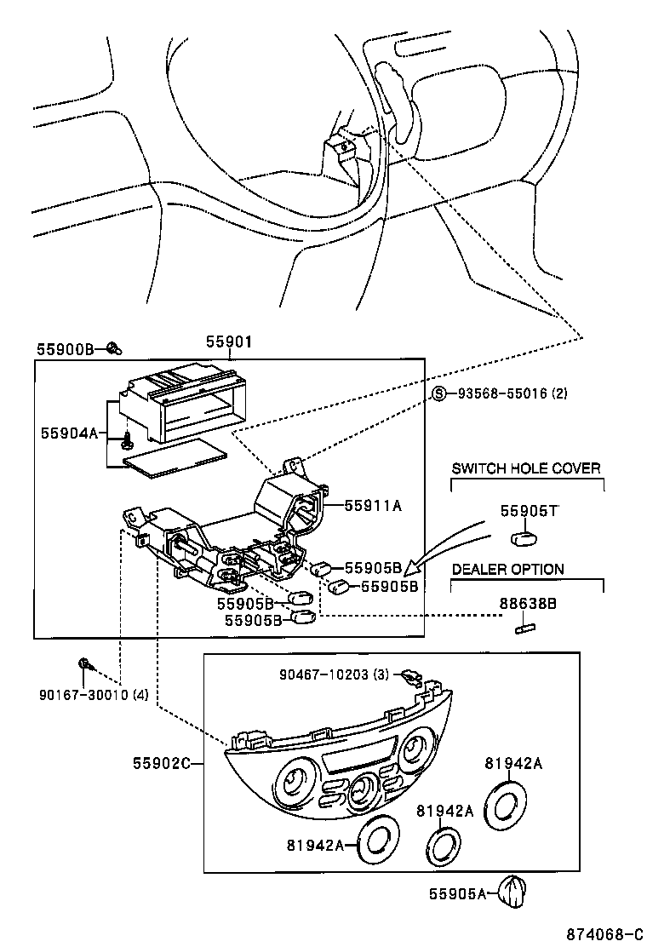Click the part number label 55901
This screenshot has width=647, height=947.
[x=229, y=341]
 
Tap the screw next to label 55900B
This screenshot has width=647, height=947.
[x=115, y=347]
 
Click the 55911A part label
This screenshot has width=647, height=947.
[x=373, y=506]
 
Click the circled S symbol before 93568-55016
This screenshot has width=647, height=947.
[x=439, y=393]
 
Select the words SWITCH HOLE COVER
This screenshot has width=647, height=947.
[x=526, y=468]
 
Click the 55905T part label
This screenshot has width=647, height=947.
[x=528, y=511]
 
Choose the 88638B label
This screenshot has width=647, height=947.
[x=528, y=604]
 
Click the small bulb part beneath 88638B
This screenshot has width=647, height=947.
[x=524, y=629]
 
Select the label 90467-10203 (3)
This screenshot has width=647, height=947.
[x=334, y=674]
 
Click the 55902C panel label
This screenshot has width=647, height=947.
[x=162, y=764]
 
